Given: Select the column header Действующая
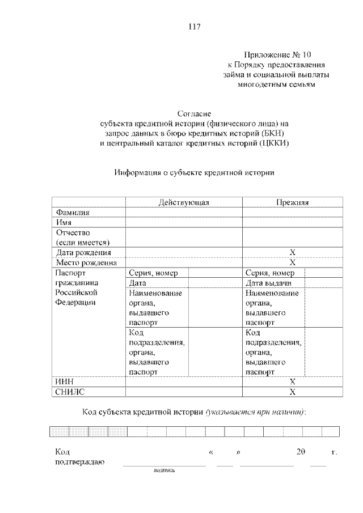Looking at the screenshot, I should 184,202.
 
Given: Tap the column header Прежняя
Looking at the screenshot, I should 292,202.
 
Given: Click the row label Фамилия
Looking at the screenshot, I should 74,212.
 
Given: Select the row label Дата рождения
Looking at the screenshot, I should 83,252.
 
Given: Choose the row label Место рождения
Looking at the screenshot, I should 86,262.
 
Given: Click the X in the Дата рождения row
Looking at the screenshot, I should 293,252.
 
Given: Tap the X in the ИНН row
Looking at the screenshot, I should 293,381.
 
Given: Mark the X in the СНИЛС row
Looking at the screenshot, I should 293,392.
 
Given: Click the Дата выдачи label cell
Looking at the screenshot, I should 269,283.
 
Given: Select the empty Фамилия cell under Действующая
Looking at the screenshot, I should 184,212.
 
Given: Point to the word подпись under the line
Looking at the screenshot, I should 164,470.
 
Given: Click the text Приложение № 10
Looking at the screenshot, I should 280,55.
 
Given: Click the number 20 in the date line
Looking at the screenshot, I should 301,452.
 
